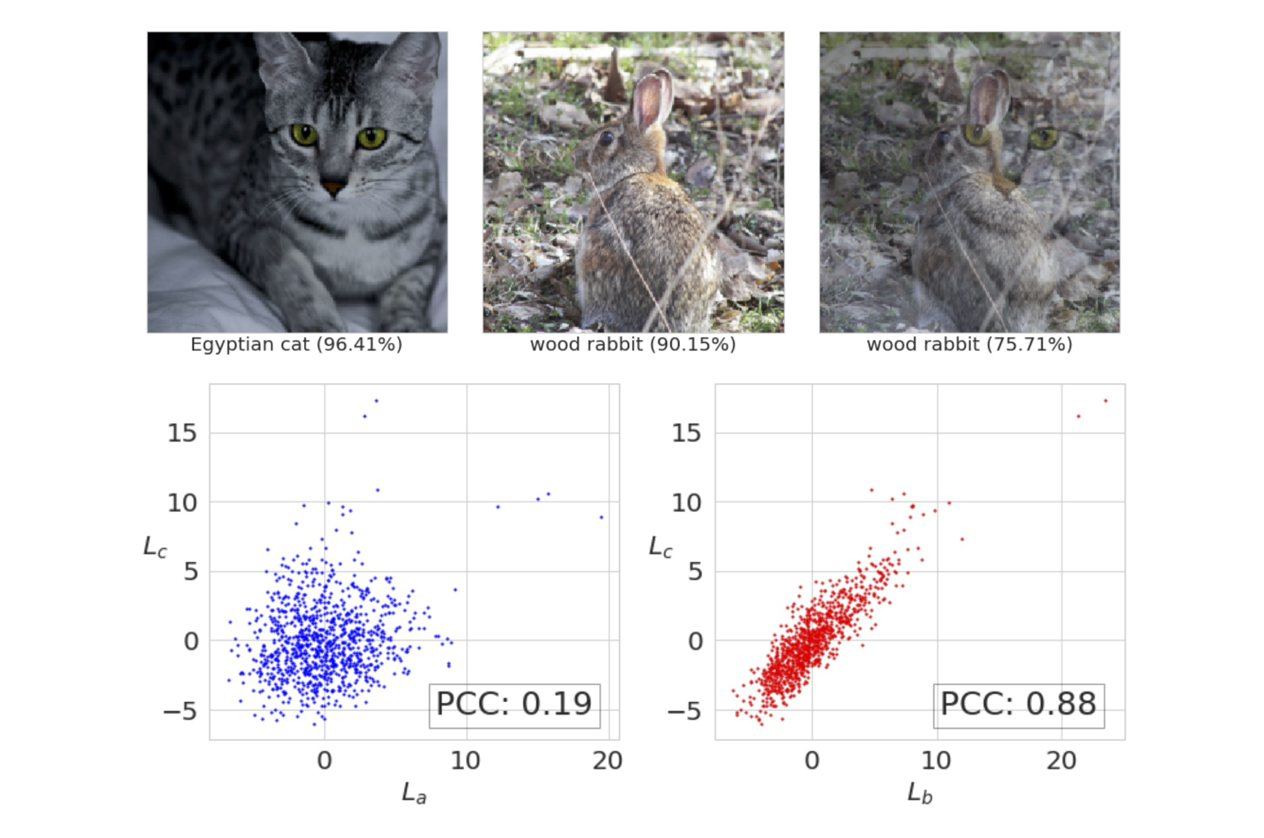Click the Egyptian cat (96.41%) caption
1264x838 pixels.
296,345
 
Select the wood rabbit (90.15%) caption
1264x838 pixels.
633,345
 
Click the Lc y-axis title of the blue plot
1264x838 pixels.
155,546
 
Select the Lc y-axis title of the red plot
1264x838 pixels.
660,546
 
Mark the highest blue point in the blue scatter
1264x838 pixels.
377,400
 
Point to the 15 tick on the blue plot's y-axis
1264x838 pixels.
182,433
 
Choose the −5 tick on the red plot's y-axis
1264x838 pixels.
684,711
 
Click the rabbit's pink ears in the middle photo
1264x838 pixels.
653,96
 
